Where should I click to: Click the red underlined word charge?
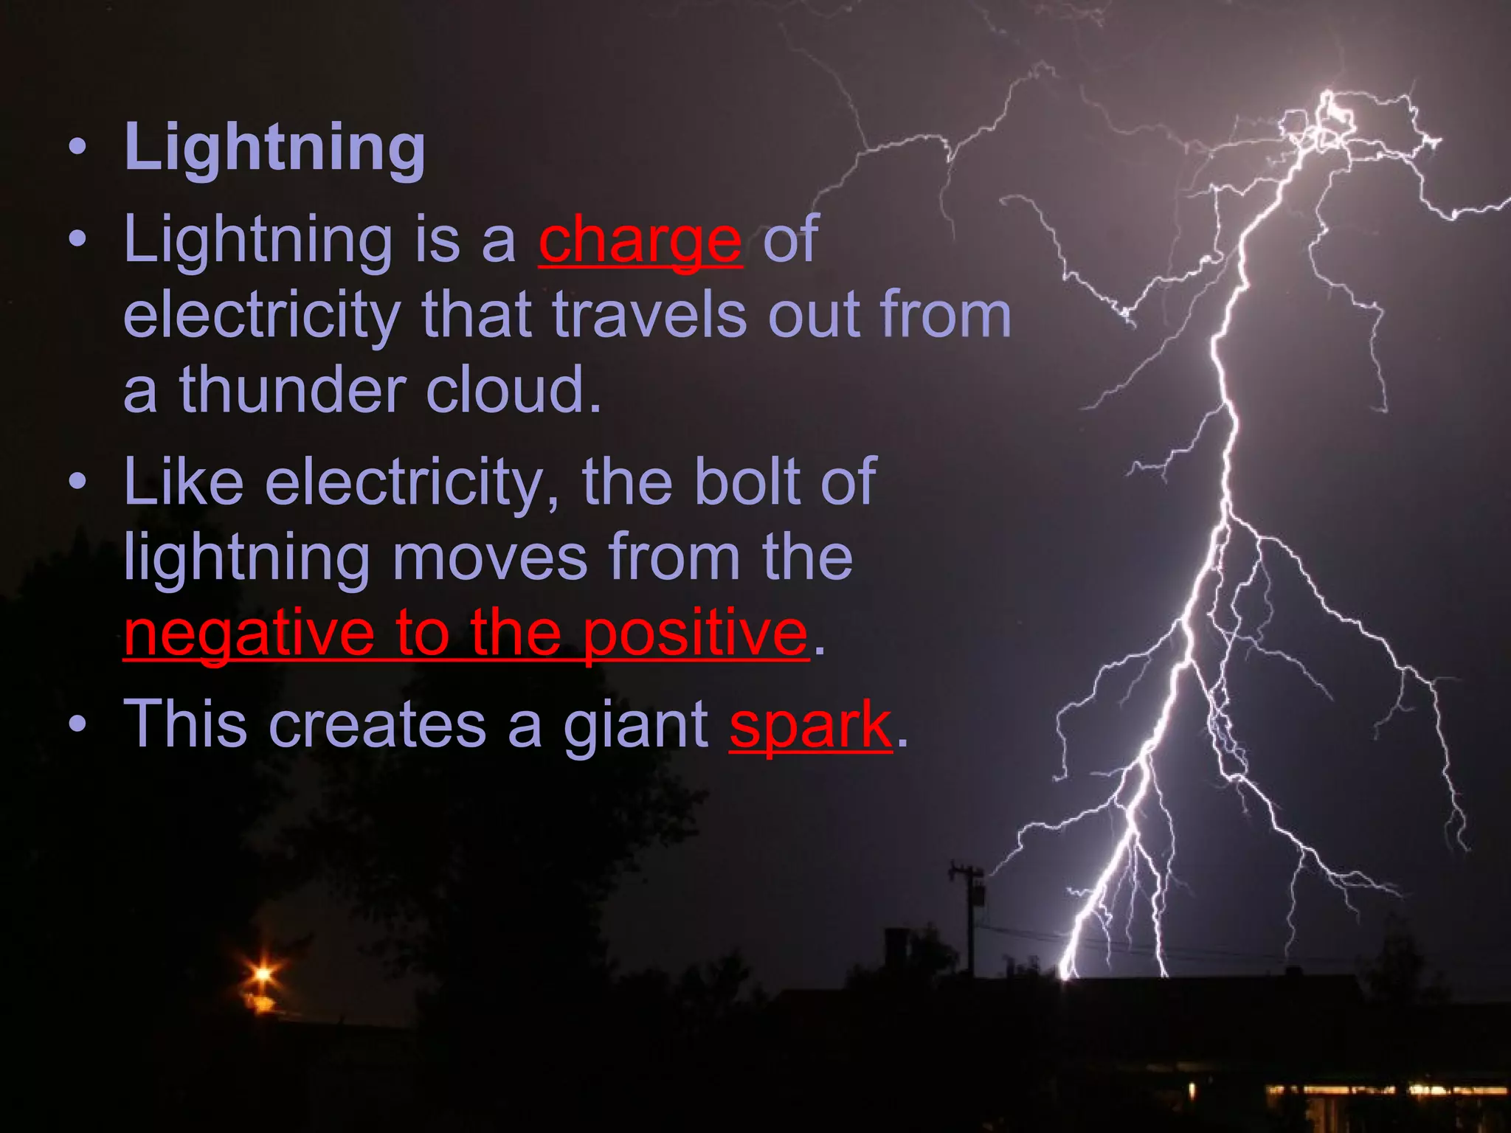point(640,240)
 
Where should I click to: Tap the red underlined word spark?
point(810,726)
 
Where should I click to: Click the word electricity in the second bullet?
point(261,316)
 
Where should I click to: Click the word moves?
point(490,558)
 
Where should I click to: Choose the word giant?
point(636,726)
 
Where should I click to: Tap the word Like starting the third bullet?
point(183,482)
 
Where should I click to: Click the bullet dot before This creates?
point(77,726)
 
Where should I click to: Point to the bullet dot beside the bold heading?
point(77,148)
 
